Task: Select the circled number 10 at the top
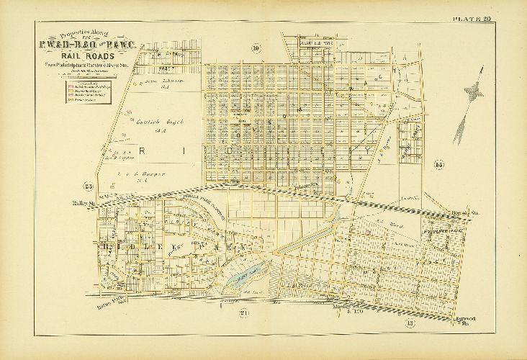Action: pos(256,48)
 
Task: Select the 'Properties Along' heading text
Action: pos(84,34)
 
